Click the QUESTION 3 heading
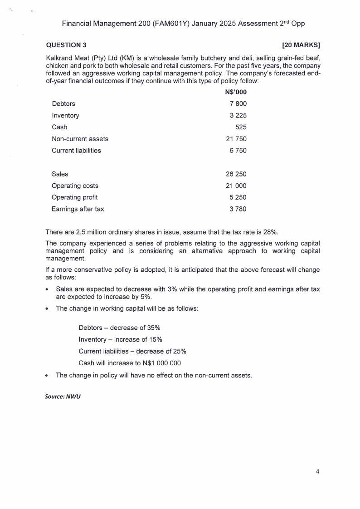(66, 45)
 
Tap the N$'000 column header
(236, 92)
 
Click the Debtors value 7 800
(238, 104)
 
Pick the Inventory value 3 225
(238, 116)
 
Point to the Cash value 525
(241, 127)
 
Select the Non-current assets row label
(80, 139)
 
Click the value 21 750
(236, 139)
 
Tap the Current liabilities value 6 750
(238, 151)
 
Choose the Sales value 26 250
(236, 174)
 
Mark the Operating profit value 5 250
(238, 197)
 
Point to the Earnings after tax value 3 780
(238, 209)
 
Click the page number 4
(317, 471)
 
